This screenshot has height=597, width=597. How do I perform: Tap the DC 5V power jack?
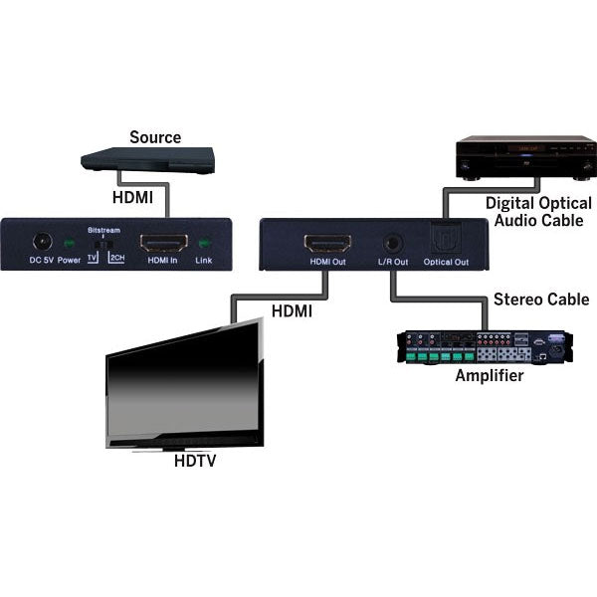(43, 242)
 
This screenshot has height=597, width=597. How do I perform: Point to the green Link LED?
(205, 242)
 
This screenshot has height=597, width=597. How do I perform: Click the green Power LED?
(69, 243)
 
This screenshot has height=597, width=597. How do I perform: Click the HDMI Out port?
(327, 243)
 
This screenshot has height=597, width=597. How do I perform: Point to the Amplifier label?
(490, 376)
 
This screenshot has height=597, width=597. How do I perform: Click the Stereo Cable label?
(541, 299)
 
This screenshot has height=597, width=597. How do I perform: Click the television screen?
(184, 382)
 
